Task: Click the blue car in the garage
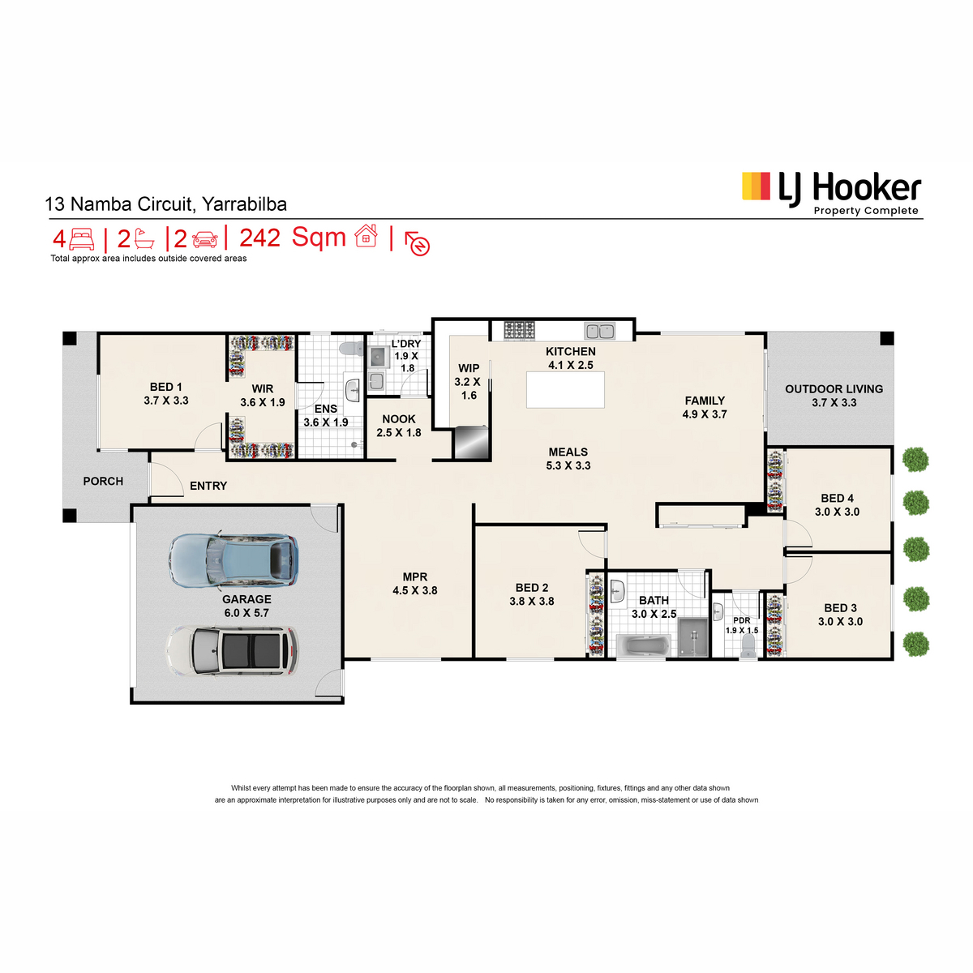(x=233, y=560)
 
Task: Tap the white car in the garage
(x=233, y=650)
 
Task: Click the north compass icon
(x=417, y=243)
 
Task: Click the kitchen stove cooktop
(x=519, y=330)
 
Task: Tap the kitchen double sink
(x=599, y=332)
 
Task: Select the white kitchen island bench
(x=565, y=389)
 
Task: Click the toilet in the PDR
(x=748, y=645)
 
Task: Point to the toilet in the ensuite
(x=351, y=348)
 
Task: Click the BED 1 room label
(x=165, y=393)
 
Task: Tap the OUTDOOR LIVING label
(x=834, y=396)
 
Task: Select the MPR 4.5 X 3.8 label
(x=415, y=583)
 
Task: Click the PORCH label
(x=103, y=481)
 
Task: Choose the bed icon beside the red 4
(x=81, y=239)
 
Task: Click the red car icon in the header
(x=205, y=239)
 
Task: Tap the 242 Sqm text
(x=293, y=238)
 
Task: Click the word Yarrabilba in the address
(x=244, y=204)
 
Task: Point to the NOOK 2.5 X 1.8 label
(x=398, y=426)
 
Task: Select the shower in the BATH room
(x=692, y=638)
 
